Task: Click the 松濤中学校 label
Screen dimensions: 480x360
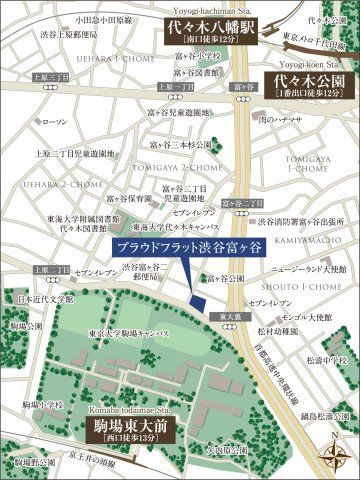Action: coord(327,358)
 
